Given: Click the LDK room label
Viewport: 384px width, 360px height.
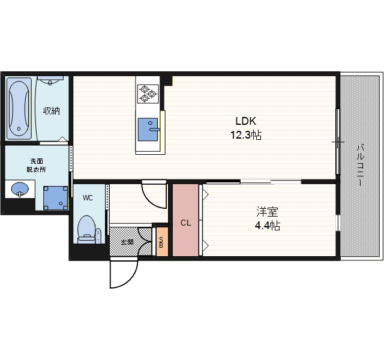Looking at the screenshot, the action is point(245,121).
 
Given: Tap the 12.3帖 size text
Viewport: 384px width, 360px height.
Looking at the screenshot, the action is point(246,134).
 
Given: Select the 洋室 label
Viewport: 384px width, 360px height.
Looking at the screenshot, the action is point(267,212).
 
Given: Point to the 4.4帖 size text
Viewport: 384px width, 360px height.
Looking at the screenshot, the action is point(268,226).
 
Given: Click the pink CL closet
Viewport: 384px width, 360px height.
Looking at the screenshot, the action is point(185,220).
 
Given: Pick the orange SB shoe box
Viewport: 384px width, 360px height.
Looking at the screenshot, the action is point(162,242).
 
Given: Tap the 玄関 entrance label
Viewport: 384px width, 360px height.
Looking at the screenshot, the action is point(127,242).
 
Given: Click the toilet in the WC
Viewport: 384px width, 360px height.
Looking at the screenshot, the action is point(86,229).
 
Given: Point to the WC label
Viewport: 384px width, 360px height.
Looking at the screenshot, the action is point(88,197).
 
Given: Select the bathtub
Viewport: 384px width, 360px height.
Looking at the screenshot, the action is point(19,109).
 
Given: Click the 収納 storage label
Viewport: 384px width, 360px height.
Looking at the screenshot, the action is point(52,111).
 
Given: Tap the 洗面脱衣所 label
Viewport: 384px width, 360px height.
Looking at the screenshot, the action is point(36,166).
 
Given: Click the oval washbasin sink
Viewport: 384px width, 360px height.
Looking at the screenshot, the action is point(20,189).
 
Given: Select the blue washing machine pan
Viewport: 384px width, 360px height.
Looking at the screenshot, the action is point(56,198).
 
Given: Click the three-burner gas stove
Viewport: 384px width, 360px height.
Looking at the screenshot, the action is point(148,94).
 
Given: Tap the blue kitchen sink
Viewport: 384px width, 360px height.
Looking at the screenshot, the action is point(148,130).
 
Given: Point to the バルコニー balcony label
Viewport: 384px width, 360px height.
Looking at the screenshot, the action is point(360,166).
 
